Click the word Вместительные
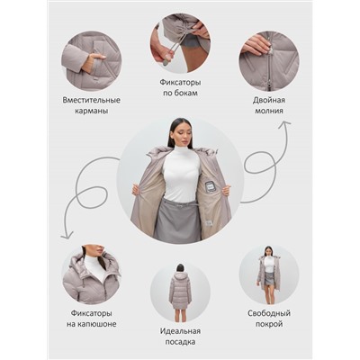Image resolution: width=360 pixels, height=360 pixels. [x=92, y=100]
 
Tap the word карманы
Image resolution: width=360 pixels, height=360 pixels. [x=92, y=111]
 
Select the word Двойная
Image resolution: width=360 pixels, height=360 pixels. [x=269, y=100]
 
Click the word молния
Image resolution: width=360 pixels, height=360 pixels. [x=269, y=111]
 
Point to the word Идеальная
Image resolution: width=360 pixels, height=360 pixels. [x=180, y=331]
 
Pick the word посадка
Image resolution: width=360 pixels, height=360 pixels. [x=180, y=342]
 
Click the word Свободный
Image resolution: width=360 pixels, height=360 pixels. [x=269, y=313]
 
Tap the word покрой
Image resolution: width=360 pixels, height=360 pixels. [x=269, y=324]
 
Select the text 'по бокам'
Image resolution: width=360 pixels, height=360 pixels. [x=180, y=93]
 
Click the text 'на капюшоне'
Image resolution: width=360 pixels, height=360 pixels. [x=92, y=324]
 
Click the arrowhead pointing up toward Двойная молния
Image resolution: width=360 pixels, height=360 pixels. [x=284, y=123]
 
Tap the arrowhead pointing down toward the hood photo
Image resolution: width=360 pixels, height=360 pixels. [x=67, y=236]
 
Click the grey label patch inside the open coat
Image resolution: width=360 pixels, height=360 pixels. [x=209, y=187]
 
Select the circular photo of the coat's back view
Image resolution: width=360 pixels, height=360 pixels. [x=180, y=292]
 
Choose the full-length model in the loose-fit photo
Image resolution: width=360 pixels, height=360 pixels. [x=268, y=276]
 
